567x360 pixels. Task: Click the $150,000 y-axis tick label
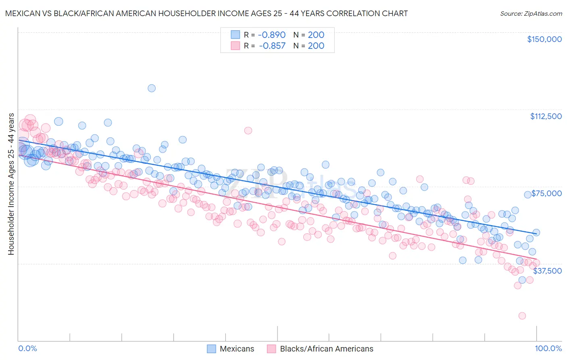tap(544, 39)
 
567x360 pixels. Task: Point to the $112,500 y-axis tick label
tap(546, 116)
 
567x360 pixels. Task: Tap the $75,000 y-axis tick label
tap(546, 193)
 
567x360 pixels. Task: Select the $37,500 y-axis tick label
tap(547, 271)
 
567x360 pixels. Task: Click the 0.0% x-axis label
tap(28, 349)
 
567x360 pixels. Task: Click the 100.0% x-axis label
tap(548, 349)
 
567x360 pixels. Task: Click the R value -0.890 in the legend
tap(272, 35)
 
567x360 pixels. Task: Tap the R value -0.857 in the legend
tap(272, 46)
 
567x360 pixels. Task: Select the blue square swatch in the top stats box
tap(236, 35)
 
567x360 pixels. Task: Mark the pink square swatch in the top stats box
tap(236, 46)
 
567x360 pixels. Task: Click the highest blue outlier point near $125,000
tap(152, 88)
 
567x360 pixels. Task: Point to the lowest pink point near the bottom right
tap(522, 316)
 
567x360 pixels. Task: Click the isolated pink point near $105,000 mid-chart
tap(248, 130)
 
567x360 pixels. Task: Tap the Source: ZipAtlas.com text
tap(531, 13)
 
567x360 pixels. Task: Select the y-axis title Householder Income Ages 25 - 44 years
tap(11, 184)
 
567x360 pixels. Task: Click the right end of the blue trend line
tap(536, 233)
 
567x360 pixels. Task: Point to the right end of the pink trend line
tap(536, 259)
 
